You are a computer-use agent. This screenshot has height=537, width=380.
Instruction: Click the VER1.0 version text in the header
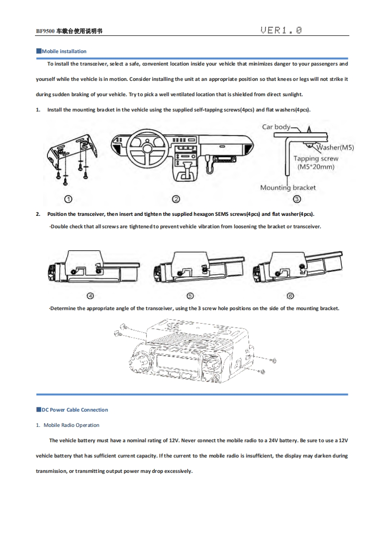click(x=281, y=31)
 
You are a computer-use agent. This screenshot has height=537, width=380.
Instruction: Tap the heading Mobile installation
click(x=64, y=51)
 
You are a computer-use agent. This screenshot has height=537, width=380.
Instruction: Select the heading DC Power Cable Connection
click(x=74, y=410)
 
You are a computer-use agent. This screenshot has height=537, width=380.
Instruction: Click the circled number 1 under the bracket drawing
click(x=69, y=199)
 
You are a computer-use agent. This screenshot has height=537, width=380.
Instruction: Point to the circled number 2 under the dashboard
click(x=176, y=199)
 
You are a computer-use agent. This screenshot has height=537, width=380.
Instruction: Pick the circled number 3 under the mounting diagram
click(x=297, y=199)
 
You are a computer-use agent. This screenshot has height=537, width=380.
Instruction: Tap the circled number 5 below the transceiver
click(x=190, y=295)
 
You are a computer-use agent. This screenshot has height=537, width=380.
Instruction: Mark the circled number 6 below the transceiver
click(x=290, y=295)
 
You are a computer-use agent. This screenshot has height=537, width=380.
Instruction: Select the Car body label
click(x=276, y=127)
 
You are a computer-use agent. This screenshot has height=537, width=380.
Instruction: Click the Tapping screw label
click(x=316, y=158)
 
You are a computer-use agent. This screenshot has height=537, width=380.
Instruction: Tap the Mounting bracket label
click(x=288, y=188)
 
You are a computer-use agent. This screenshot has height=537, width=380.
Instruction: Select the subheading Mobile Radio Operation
click(x=71, y=425)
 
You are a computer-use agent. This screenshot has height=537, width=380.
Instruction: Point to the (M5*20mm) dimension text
click(x=316, y=167)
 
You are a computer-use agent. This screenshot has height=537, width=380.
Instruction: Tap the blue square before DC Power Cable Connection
click(x=39, y=410)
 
